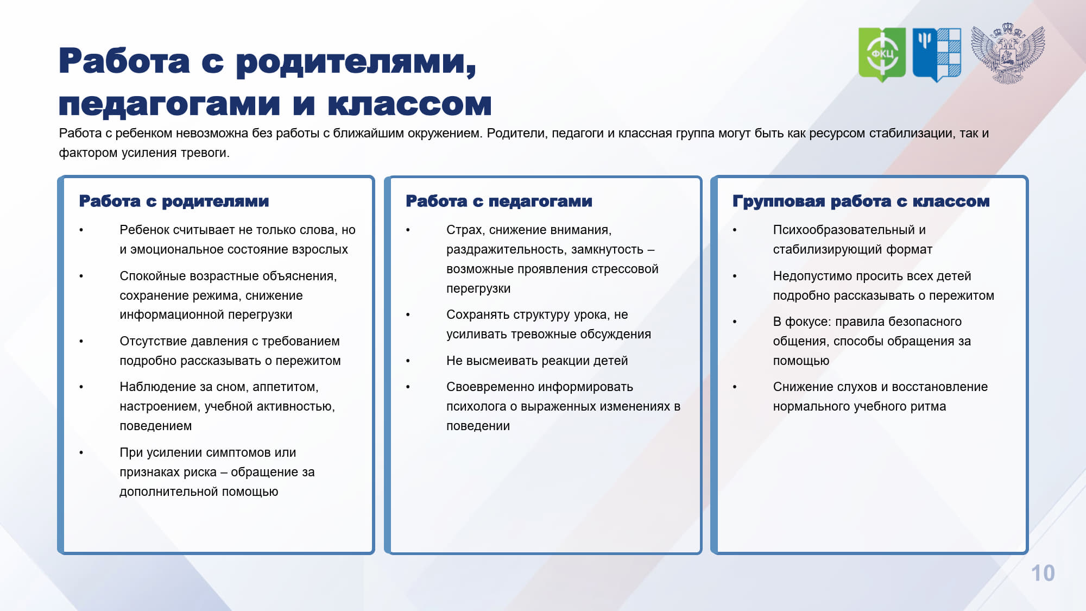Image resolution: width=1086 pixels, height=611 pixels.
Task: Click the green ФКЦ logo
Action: click(882, 54)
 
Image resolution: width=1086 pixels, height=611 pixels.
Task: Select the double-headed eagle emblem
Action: click(1008, 53)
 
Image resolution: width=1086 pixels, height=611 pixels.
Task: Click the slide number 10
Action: click(1043, 574)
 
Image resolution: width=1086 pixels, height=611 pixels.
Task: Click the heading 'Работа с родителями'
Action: click(174, 201)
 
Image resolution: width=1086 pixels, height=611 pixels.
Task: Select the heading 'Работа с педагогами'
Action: click(499, 201)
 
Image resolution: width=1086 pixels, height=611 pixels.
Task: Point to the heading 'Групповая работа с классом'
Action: click(861, 201)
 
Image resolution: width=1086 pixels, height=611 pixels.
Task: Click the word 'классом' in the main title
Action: click(410, 104)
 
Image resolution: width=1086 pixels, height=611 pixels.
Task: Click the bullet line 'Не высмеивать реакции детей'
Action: click(537, 361)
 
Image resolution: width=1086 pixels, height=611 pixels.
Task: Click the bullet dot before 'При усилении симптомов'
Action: click(81, 453)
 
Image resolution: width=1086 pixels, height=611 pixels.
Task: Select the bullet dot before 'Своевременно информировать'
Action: click(408, 387)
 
